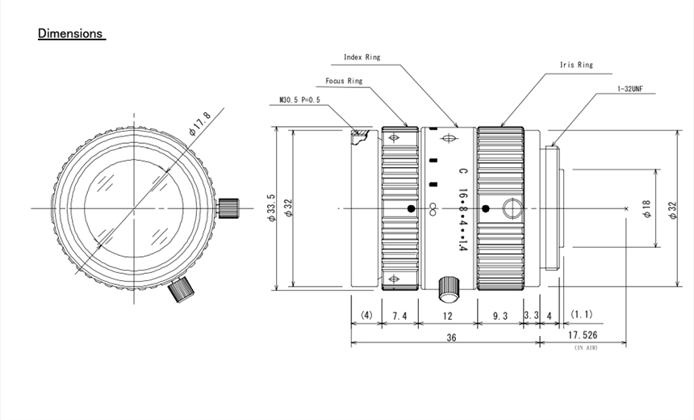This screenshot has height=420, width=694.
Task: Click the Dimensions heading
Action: [71, 34]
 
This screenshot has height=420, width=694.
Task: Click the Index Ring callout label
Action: [362, 57]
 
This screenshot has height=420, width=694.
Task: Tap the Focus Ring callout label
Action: [344, 81]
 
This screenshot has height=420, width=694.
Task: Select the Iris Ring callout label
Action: [575, 65]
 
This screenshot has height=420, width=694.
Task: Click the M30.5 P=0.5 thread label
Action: [299, 100]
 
